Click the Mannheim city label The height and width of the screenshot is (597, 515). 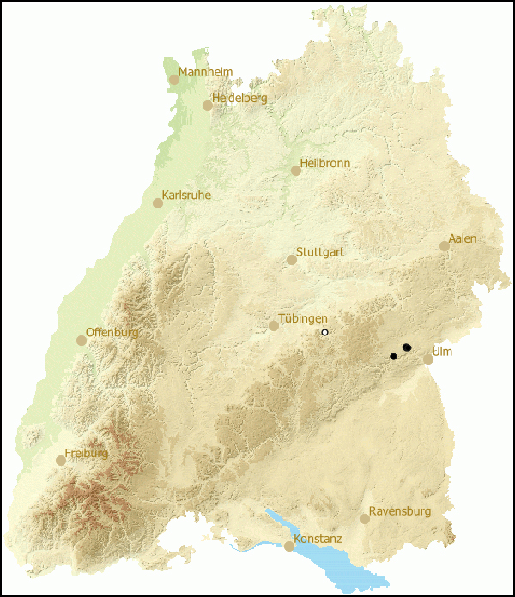coord(205,73)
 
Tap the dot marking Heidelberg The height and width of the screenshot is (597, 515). coord(208,106)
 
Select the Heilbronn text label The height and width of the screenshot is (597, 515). coord(324,163)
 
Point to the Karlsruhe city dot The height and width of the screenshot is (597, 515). coord(158,203)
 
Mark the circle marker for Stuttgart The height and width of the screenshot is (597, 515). coord(292,260)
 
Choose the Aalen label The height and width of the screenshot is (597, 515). coord(462,238)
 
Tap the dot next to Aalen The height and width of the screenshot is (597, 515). coord(445,246)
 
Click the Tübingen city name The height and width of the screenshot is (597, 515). coord(303,318)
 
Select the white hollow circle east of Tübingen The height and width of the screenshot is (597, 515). coord(324,332)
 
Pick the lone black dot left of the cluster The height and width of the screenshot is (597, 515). coord(393,356)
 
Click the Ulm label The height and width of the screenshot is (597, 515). coord(442,352)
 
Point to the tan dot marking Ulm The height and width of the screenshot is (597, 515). coord(428,359)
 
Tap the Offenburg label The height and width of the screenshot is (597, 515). coord(112,333)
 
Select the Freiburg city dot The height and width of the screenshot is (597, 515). coord(61,461)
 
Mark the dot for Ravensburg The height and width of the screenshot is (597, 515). coord(365,519)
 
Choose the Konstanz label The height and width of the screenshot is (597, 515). coord(318,539)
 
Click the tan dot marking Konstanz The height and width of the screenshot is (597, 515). coord(289,546)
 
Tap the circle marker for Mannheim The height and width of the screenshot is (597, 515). coord(174,80)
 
